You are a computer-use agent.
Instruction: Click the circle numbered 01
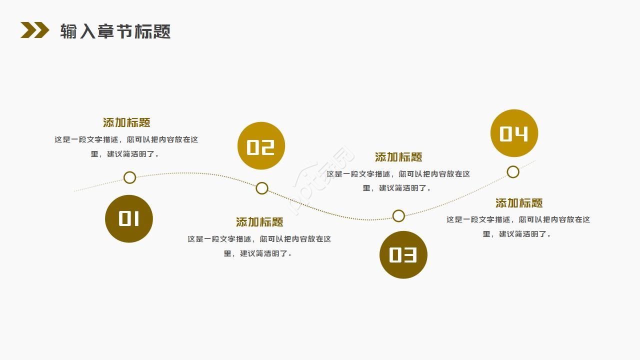[128, 218]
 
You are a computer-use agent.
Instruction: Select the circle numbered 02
[261, 146]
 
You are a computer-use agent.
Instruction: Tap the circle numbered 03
[403, 254]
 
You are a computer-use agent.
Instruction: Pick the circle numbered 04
[514, 133]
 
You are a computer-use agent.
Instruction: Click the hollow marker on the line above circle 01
[129, 177]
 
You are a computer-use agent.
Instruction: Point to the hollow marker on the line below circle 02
[262, 188]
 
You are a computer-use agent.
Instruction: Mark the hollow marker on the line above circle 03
[398, 216]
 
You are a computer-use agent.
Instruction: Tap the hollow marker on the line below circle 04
[513, 172]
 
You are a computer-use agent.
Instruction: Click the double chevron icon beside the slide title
[34, 30]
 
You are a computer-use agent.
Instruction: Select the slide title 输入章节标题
[115, 31]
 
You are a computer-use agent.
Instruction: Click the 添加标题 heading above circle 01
[126, 122]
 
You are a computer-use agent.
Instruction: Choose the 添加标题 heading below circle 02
[259, 222]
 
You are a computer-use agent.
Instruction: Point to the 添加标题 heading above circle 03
[398, 157]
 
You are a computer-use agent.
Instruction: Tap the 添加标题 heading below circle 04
[519, 203]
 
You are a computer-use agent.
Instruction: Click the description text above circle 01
[126, 147]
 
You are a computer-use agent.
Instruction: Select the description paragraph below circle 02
[259, 246]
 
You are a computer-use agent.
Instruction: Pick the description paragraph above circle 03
[398, 181]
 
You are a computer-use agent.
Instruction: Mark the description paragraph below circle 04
[518, 226]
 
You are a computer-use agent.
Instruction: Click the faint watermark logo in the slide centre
[322, 180]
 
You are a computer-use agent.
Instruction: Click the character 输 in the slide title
[68, 31]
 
